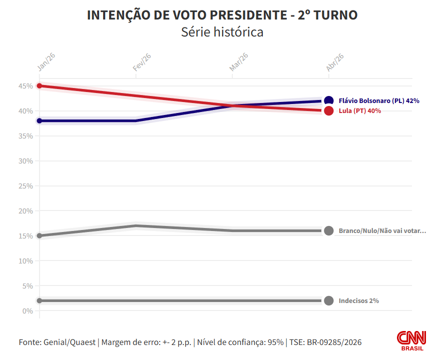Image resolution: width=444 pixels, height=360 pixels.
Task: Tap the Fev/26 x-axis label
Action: click(x=142, y=62)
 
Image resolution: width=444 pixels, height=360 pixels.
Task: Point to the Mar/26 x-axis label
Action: click(x=239, y=62)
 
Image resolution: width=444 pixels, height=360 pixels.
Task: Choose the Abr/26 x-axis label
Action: click(x=335, y=62)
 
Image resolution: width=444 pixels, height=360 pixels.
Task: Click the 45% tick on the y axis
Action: click(x=26, y=86)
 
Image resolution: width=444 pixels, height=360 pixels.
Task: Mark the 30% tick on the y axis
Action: click(x=26, y=161)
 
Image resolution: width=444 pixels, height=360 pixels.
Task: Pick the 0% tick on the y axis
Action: click(x=28, y=311)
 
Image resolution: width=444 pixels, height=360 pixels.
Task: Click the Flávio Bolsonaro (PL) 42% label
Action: click(x=379, y=100)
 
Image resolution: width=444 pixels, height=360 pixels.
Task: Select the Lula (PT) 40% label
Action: click(x=359, y=111)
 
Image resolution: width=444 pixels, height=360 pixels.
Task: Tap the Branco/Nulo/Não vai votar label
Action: click(x=382, y=231)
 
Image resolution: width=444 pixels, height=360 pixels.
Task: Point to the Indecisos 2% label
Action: click(x=358, y=301)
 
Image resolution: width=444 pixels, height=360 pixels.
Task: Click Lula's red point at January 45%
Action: click(x=40, y=85)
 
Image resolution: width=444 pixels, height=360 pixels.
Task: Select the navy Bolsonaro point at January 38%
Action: click(x=40, y=120)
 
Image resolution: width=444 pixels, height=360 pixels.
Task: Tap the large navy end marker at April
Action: click(x=329, y=100)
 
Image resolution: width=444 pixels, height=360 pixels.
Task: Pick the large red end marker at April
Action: click(x=329, y=111)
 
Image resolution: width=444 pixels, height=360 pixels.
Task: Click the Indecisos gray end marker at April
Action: click(x=329, y=300)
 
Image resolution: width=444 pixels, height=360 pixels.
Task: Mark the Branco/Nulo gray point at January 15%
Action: click(x=40, y=235)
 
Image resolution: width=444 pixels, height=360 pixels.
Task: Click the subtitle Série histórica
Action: click(x=222, y=32)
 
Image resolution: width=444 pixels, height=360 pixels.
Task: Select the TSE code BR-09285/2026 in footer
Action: click(x=333, y=342)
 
